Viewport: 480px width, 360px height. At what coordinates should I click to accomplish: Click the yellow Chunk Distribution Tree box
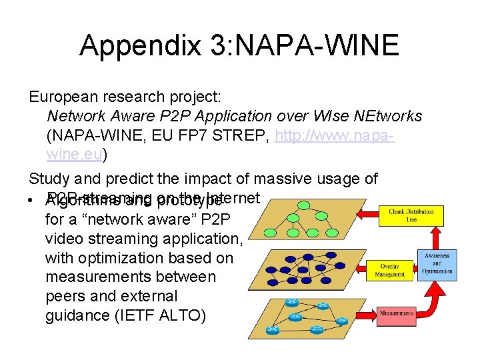(x=411, y=216)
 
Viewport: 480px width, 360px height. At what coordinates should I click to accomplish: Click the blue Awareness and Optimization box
(x=437, y=263)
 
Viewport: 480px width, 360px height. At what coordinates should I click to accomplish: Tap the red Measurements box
(x=397, y=312)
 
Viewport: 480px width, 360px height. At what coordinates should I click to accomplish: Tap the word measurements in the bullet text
(x=87, y=277)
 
